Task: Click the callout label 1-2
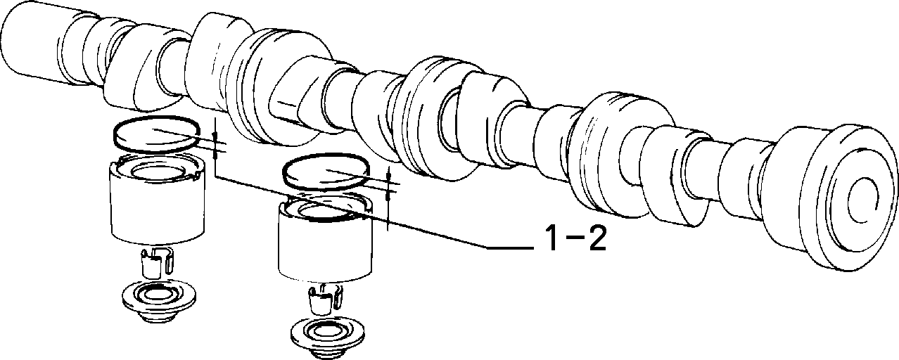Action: point(575,238)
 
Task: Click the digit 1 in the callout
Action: point(553,238)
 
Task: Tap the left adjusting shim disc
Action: point(157,134)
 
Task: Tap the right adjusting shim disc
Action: point(326,172)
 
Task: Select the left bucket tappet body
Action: point(158,202)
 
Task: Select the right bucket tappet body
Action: point(325,239)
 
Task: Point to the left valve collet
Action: point(157,263)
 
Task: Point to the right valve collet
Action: point(325,299)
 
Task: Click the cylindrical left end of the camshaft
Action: point(32,45)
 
